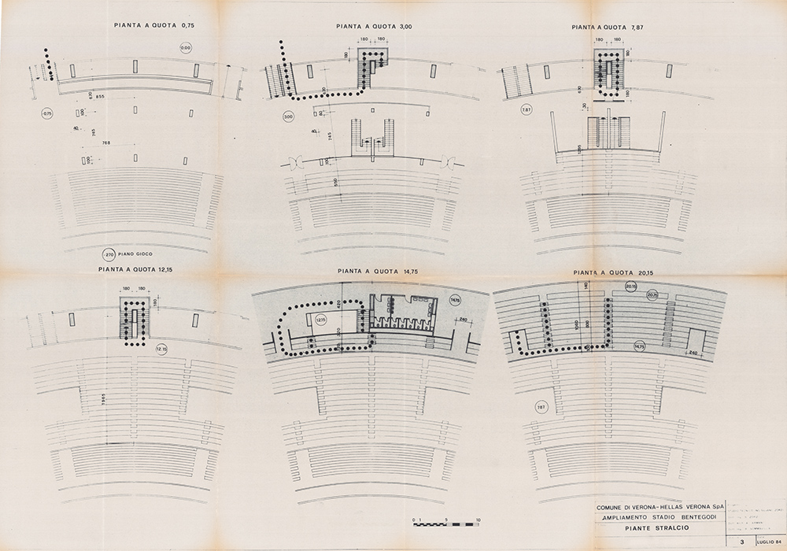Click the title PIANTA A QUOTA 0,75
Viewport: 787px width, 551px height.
(153, 25)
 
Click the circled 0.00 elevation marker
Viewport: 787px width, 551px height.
(186, 49)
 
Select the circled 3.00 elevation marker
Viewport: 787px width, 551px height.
(288, 116)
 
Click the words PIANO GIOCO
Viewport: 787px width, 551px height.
(138, 254)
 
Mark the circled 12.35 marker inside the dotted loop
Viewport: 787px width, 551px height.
(320, 320)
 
